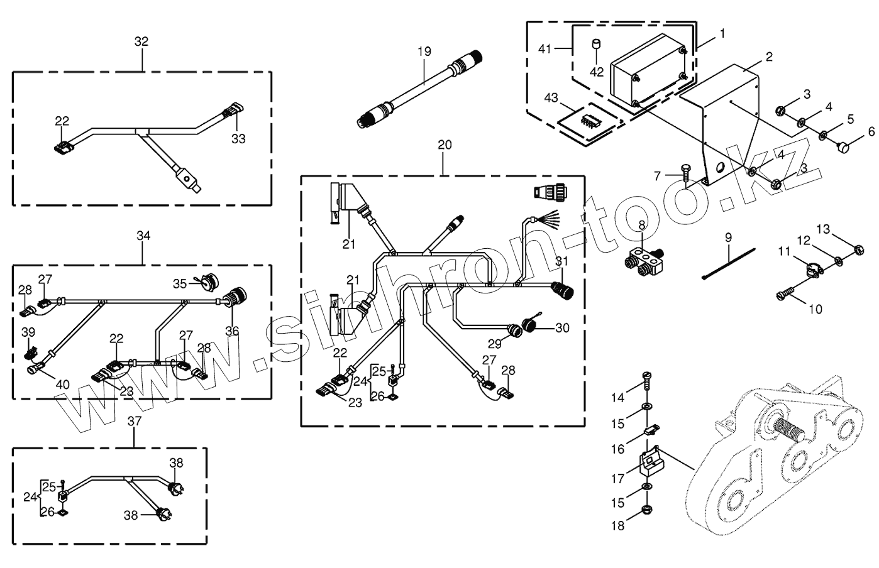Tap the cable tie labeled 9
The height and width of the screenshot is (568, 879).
(729, 265)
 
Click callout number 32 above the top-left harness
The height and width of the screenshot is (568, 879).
(141, 41)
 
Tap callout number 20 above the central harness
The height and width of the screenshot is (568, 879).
(444, 145)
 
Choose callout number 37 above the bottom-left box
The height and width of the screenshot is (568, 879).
(135, 420)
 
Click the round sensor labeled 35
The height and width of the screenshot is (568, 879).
(205, 283)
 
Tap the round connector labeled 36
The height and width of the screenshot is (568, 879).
(238, 295)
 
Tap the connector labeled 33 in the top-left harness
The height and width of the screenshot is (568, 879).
(231, 112)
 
